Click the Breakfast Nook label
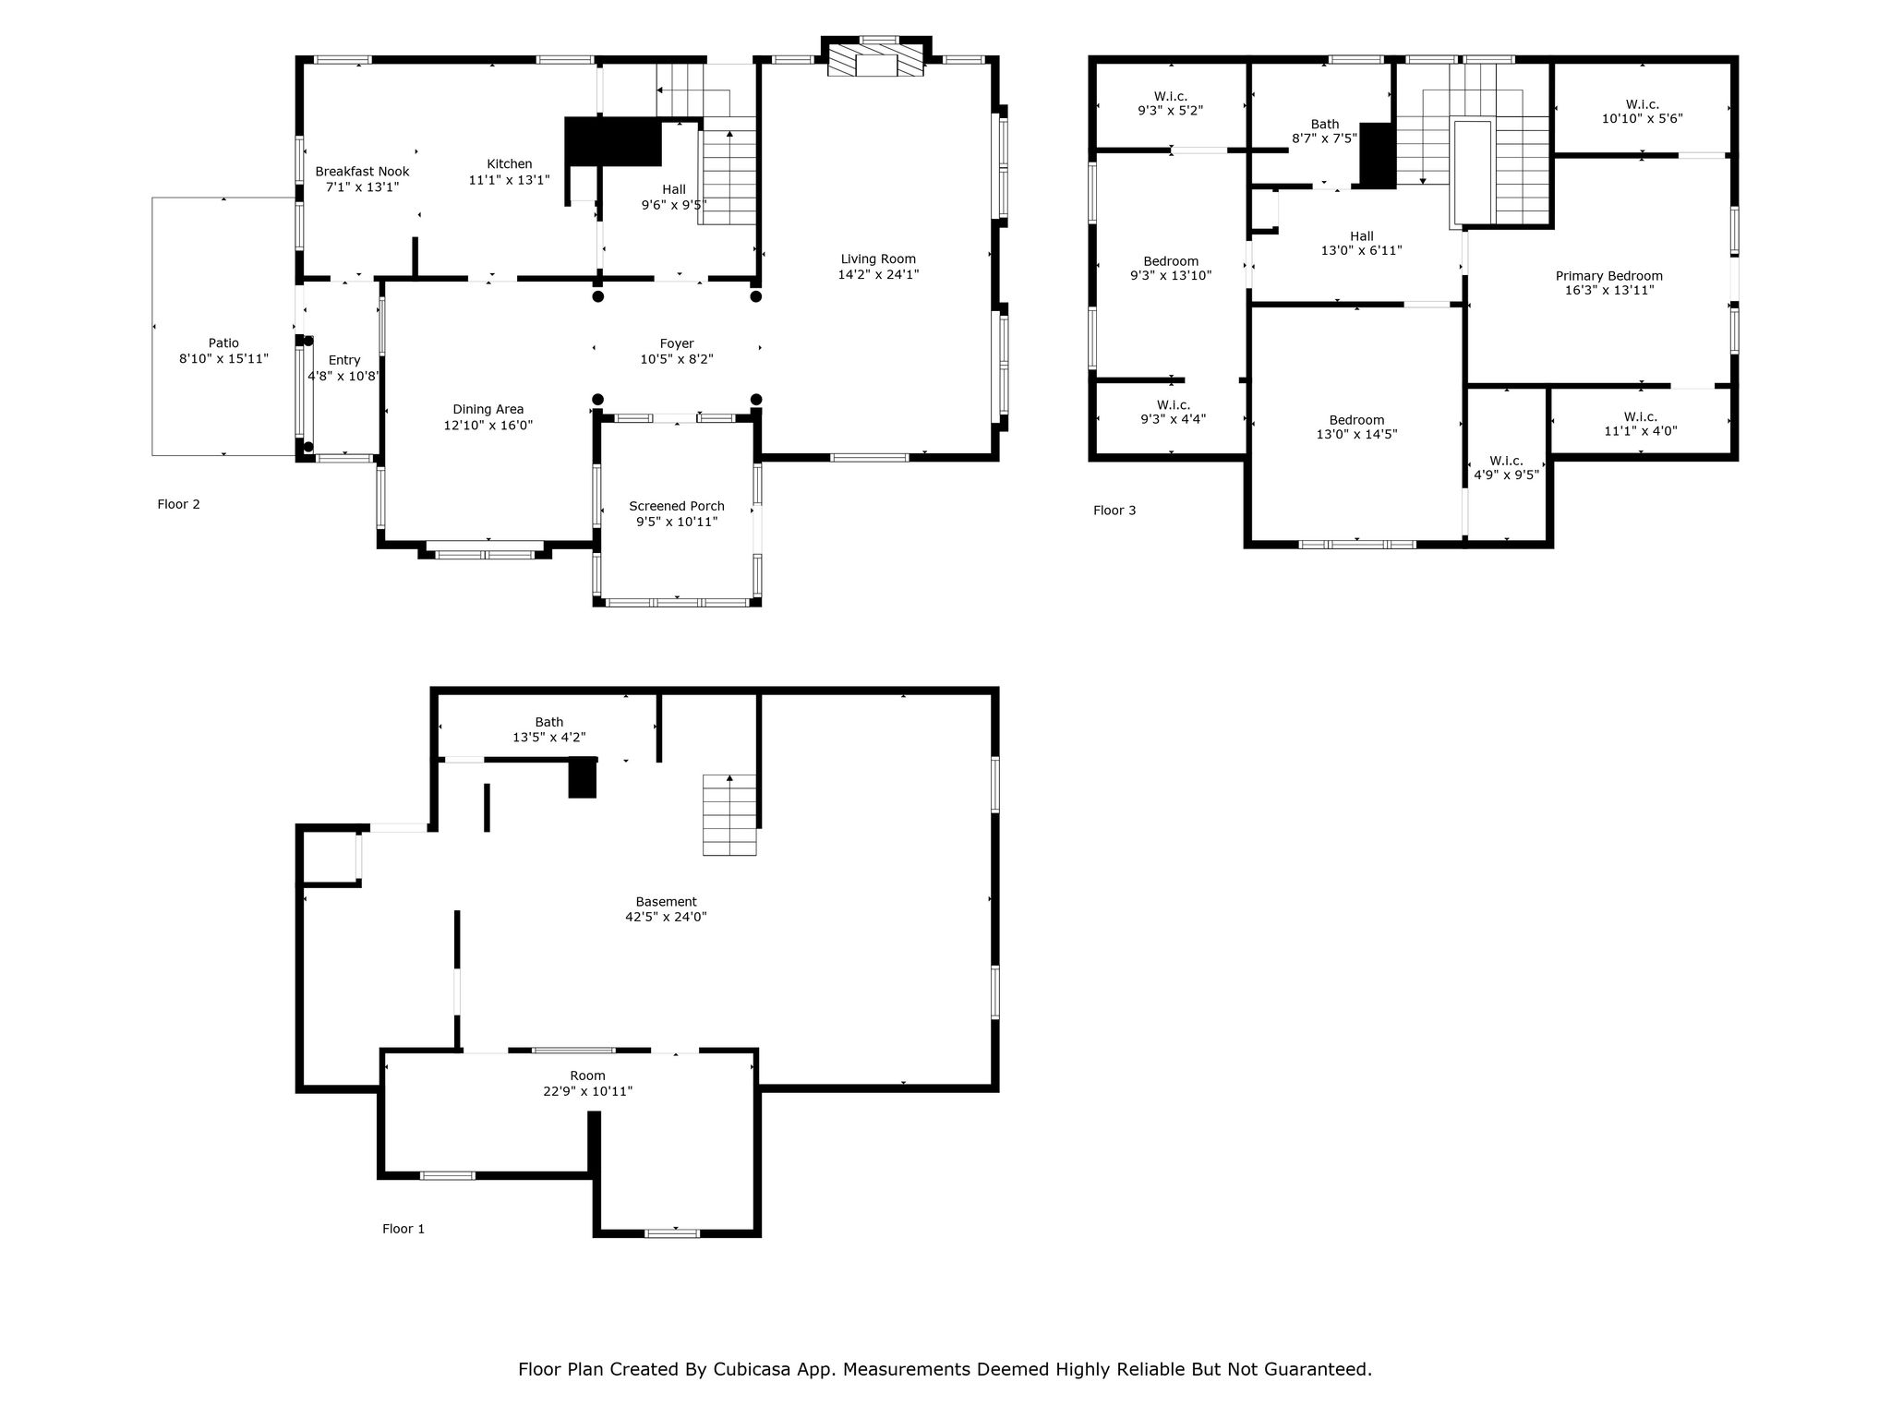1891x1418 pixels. coord(362,172)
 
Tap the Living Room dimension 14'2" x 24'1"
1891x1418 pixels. coord(878,274)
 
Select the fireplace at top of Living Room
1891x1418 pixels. coord(875,60)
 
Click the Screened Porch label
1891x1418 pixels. coord(677,506)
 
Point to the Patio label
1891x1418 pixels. coord(223,343)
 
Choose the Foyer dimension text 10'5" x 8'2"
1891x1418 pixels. coord(677,359)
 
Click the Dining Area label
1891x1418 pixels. coord(488,410)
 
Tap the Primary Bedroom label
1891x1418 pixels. coord(1609,276)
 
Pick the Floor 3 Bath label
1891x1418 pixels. coord(1325,125)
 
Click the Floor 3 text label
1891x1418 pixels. coord(1114,511)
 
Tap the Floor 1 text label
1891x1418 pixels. coord(403,1229)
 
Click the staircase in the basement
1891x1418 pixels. coord(729,815)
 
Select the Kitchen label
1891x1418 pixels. coord(510,164)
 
